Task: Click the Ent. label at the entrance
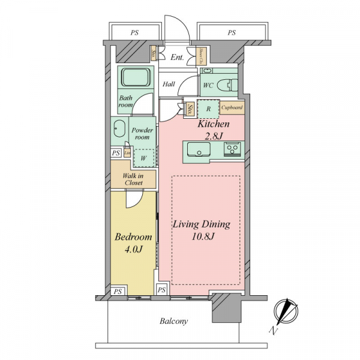[177, 58]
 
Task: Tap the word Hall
[169, 85]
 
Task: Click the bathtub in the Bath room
[136, 79]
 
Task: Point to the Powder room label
[142, 133]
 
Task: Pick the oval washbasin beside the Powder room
[119, 130]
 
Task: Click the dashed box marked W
[143, 158]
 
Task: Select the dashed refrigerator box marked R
[208, 109]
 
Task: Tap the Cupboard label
[232, 108]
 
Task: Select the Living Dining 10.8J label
[202, 230]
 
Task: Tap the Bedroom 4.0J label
[133, 242]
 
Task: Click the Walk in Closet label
[133, 179]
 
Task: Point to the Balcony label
[173, 321]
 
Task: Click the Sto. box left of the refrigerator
[190, 109]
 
